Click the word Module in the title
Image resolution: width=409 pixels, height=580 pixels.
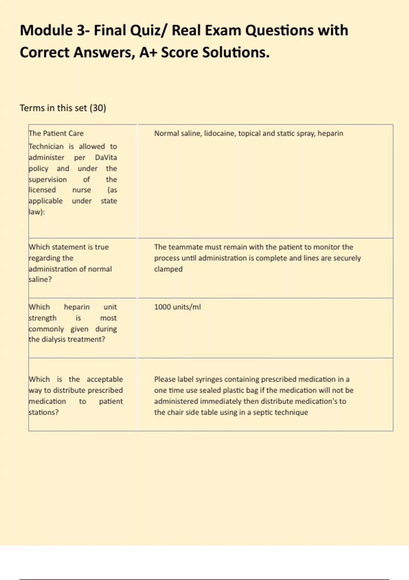[46, 30]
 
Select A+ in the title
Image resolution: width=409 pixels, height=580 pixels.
[148, 53]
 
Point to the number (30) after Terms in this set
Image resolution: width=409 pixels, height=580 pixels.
[98, 108]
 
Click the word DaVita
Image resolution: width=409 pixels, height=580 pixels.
[106, 158]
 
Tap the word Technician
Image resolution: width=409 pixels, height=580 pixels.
[46, 147]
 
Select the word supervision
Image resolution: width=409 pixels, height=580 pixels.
[48, 179]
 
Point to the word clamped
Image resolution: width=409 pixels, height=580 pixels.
[168, 269]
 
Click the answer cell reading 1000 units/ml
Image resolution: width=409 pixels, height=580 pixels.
[177, 307]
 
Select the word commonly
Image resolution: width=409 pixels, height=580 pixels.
[46, 329]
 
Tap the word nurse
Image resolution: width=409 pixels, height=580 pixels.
[81, 190]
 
